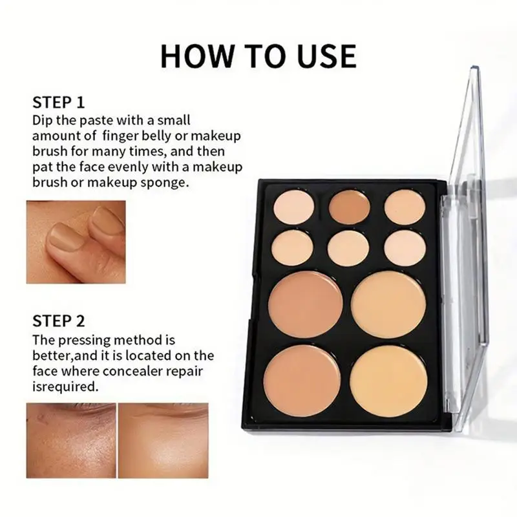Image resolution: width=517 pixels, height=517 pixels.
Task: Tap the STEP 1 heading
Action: point(59,102)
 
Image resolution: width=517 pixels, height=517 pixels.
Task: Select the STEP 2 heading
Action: point(59,321)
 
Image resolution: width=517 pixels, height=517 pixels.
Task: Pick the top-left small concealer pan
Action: point(293,207)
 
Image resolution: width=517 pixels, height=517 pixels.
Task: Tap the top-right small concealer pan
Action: point(405,207)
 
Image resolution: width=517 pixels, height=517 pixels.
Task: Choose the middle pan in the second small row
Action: point(349,248)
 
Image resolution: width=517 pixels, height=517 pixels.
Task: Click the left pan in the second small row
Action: point(293,248)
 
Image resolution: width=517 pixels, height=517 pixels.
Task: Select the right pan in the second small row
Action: point(405,248)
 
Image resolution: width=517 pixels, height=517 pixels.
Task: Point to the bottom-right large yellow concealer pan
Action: point(389,381)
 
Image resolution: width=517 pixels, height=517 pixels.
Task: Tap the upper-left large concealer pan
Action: point(305,304)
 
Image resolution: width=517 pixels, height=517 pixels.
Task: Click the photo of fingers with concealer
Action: point(76,241)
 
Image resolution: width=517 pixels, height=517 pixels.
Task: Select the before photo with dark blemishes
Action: point(71,441)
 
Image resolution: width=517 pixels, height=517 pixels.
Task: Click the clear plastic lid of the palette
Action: point(465,258)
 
